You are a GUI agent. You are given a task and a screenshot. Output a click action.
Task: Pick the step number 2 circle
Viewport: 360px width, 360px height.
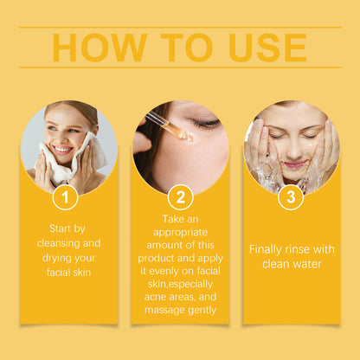pyautogui.click(x=180, y=197)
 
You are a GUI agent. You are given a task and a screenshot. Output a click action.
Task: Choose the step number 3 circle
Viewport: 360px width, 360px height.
pyautogui.click(x=291, y=197)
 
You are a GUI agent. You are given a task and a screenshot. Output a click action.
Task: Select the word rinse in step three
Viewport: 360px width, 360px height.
pyautogui.click(x=305, y=248)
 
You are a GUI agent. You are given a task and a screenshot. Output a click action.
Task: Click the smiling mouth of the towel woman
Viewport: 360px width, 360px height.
pyautogui.click(x=62, y=148)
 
